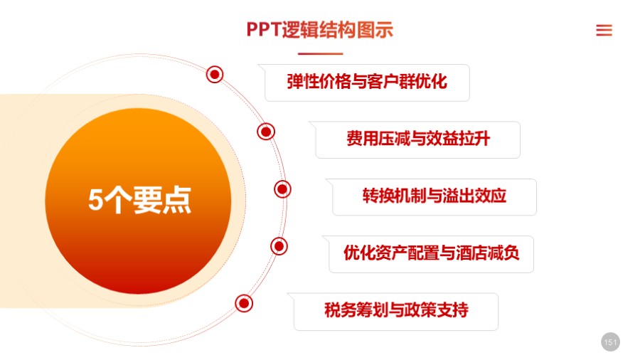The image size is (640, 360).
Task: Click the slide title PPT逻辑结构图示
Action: click(x=319, y=30)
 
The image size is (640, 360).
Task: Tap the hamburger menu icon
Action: click(x=604, y=30)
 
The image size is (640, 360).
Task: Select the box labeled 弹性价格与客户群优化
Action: click(x=367, y=82)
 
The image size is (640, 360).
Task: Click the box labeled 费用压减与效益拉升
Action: click(x=417, y=139)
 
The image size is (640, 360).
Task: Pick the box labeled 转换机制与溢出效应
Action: click(x=434, y=196)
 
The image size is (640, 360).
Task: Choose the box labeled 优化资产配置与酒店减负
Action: click(x=431, y=253)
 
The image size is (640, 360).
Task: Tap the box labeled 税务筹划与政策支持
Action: click(x=396, y=311)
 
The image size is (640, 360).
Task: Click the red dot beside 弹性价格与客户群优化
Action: click(x=215, y=74)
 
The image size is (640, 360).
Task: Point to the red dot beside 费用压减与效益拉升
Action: click(x=266, y=132)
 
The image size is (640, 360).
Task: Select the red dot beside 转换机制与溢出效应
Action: click(x=282, y=189)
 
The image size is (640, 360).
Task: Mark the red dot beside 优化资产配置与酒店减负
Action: click(x=279, y=246)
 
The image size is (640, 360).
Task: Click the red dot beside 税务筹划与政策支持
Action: click(x=244, y=304)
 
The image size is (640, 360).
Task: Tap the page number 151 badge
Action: click(x=610, y=342)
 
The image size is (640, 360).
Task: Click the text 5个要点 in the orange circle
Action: click(x=139, y=201)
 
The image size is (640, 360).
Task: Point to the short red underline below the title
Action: click(x=320, y=54)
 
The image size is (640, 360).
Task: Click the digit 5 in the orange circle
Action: click(x=95, y=201)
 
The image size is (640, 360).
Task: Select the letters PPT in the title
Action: click(x=263, y=30)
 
